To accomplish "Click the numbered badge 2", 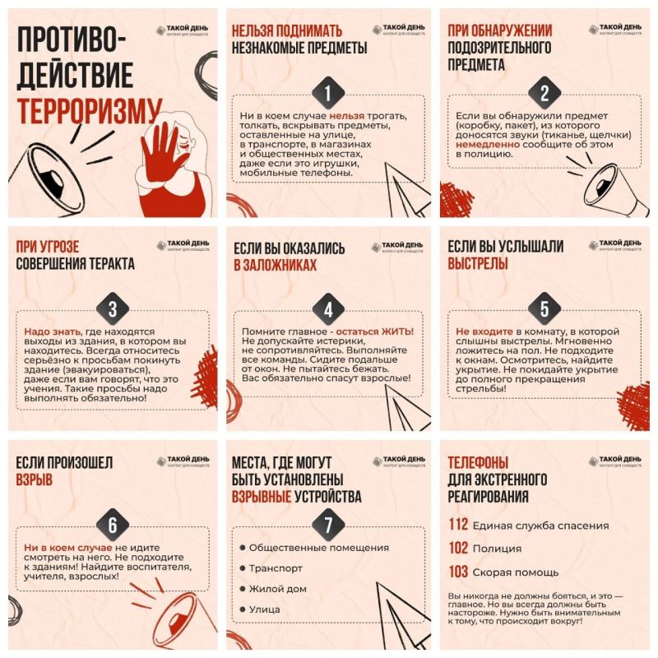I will tap(544, 92).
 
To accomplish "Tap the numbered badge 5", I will tap(544, 310).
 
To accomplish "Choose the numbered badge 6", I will tap(112, 526).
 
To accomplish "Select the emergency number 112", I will tap(458, 526).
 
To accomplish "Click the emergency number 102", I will tap(458, 549).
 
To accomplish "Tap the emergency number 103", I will tap(458, 572).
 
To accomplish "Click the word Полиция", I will tap(500, 549).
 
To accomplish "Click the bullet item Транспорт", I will tap(276, 568).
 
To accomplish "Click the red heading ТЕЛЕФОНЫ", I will tap(478, 462).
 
